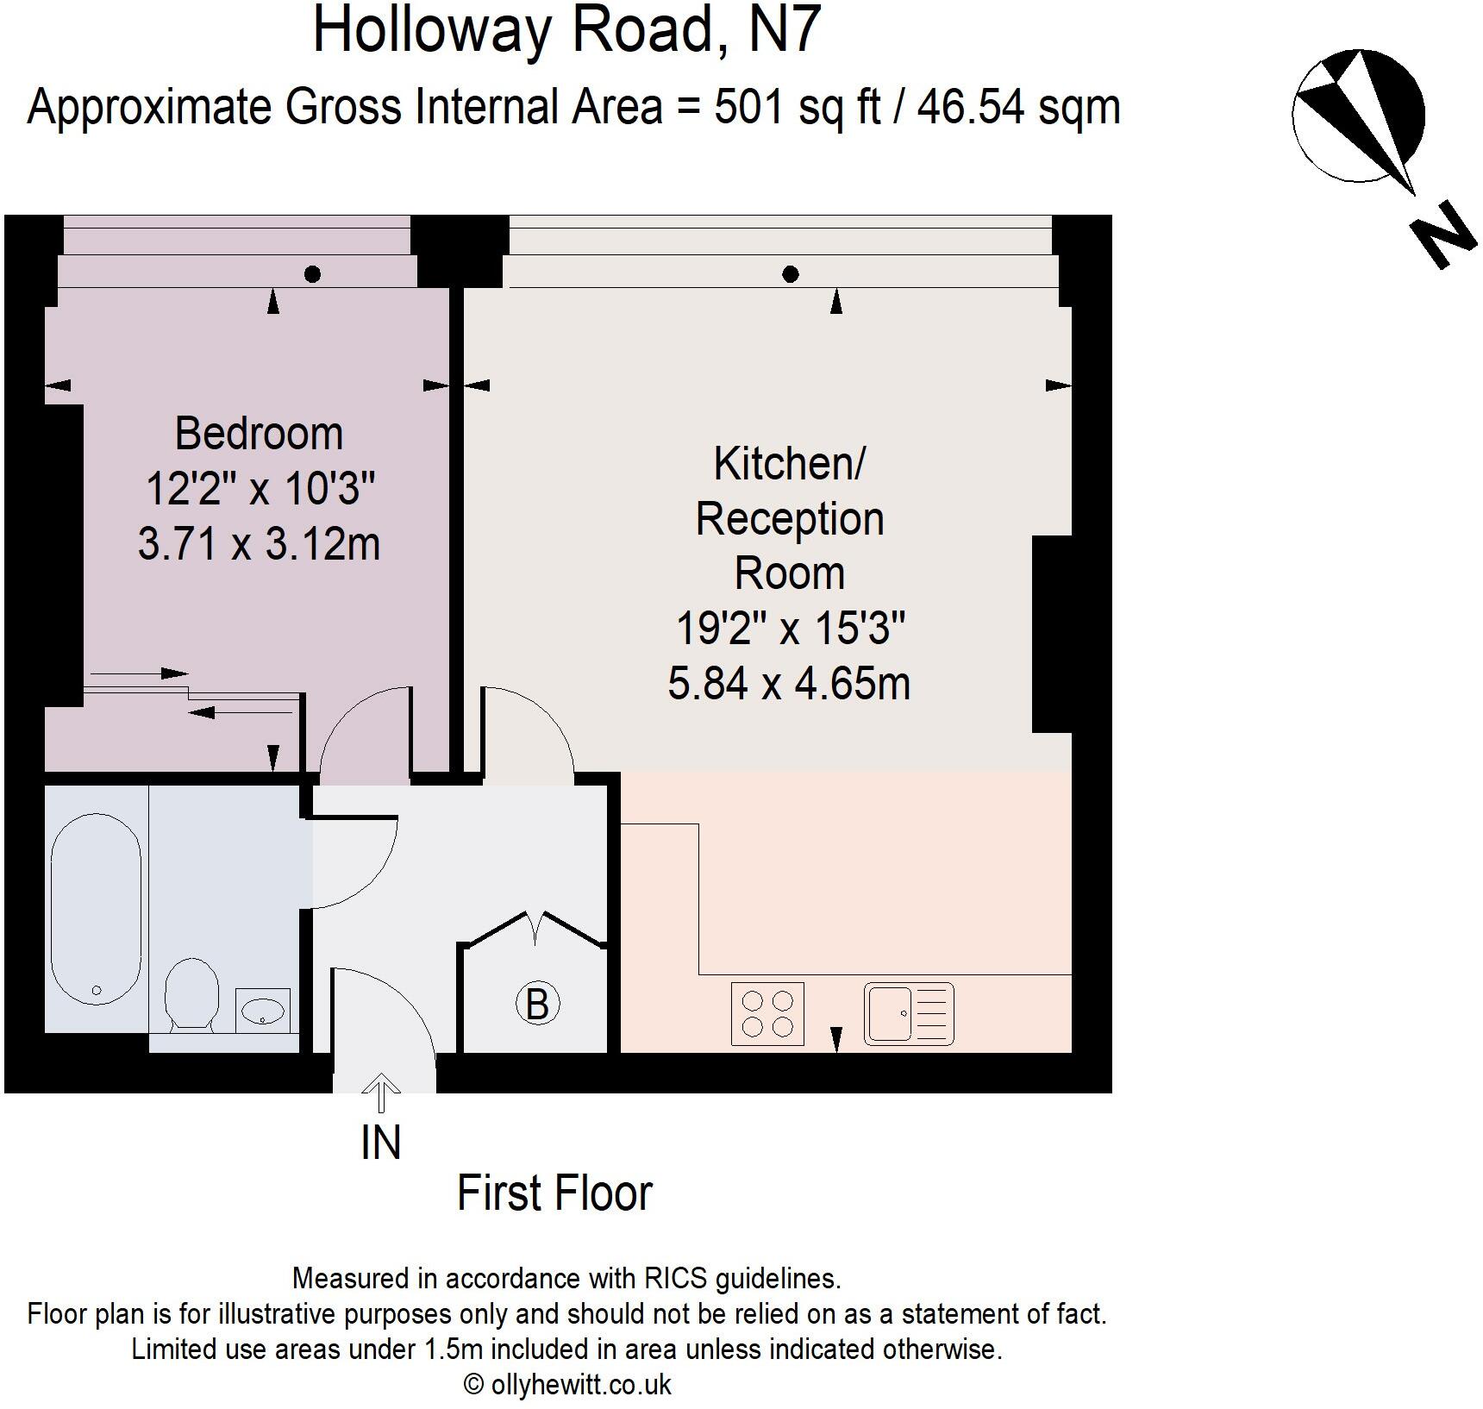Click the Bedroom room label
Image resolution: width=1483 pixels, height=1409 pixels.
tap(259, 434)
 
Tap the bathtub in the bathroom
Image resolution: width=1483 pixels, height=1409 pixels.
tap(95, 909)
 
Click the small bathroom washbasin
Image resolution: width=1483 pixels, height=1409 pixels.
tap(262, 1011)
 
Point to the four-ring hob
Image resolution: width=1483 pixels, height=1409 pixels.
tap(767, 1014)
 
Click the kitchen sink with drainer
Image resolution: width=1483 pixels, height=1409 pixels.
tap(909, 1014)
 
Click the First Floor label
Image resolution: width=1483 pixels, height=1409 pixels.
tap(554, 1193)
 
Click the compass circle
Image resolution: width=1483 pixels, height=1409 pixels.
tap(1357, 116)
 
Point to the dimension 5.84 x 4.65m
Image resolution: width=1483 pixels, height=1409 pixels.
tap(788, 684)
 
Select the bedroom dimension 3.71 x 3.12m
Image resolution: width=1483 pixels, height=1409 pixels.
tap(259, 544)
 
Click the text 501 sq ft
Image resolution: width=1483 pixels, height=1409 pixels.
tap(797, 108)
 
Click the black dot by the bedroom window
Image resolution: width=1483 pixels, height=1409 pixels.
tap(313, 274)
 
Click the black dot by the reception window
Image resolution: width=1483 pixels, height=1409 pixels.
tap(790, 275)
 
